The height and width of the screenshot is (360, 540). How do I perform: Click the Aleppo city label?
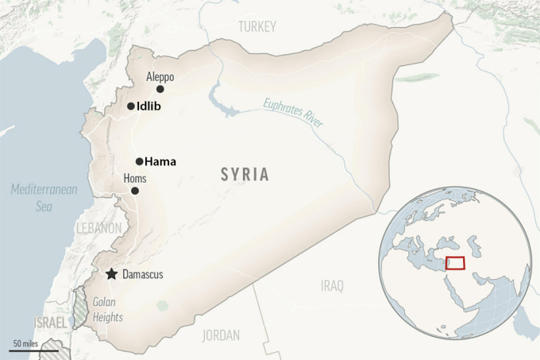coord(160,77)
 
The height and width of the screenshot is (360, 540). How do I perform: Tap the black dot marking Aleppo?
coord(160,89)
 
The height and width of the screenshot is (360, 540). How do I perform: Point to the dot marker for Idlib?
coord(130,106)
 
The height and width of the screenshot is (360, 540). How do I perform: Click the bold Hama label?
coord(160,161)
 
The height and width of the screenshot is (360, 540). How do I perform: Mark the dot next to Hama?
coord(139,161)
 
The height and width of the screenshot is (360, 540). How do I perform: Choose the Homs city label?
coord(135,179)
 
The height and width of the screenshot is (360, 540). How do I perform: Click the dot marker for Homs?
coord(135,191)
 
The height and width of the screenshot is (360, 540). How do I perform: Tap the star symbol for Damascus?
coord(111,274)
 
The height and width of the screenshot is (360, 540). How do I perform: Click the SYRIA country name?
coord(245,175)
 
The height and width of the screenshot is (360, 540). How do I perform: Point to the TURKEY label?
coord(257,27)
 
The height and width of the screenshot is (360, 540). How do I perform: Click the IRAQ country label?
coord(332,285)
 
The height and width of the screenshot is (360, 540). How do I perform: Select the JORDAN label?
coord(221,335)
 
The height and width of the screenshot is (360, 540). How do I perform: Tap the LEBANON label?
coord(98,228)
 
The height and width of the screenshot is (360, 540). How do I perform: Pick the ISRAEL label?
coord(51,323)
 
